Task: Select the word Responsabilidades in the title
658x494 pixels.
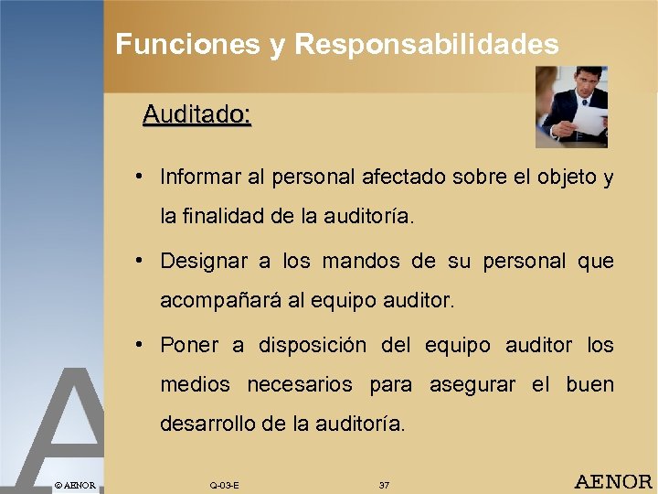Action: coord(427,44)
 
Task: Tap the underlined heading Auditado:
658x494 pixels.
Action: coord(196,115)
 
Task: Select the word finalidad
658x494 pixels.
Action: coord(227,218)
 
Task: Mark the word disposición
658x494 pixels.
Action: coord(313,345)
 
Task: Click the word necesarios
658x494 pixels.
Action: coord(300,385)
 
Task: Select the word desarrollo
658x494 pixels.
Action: coord(210,424)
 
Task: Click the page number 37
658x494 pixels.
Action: coord(384,484)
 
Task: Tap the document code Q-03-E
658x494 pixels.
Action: coord(224,484)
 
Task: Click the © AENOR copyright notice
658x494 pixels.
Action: coord(74,484)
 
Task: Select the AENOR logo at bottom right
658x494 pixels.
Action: coord(613,481)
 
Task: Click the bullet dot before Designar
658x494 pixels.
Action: coord(136,259)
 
